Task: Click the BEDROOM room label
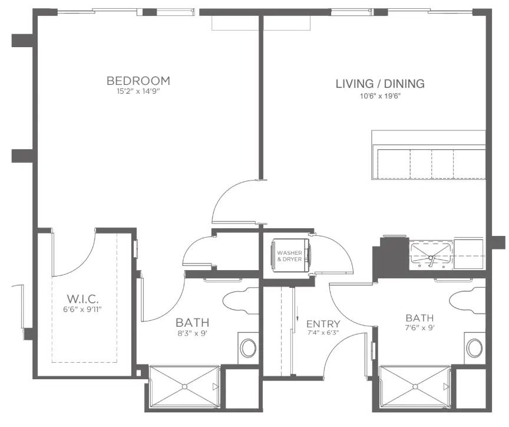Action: point(138,81)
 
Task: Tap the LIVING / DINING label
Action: point(380,84)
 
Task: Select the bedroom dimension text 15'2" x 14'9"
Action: point(138,91)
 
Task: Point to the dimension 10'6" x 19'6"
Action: point(380,96)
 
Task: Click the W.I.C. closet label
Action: point(82,298)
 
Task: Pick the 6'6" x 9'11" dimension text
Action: point(82,309)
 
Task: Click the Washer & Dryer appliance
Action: point(291,255)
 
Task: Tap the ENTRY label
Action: point(323,324)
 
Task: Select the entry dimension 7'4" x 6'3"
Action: point(323,333)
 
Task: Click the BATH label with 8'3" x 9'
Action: point(193,323)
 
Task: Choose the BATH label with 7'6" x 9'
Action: point(419,318)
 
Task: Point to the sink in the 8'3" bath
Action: point(249,348)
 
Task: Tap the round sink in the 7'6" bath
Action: point(475,348)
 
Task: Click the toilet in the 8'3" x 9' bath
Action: point(241,300)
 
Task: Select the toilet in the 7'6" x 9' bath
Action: point(467,300)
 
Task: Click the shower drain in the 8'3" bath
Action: point(184,387)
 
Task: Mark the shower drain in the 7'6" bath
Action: point(415,387)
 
